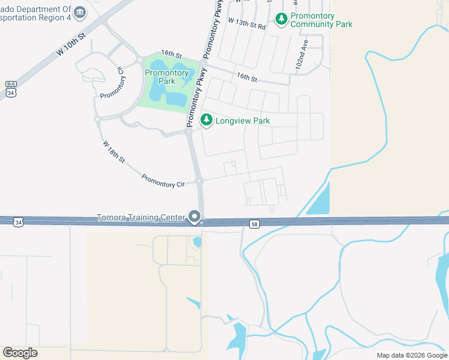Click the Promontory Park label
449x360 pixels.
coord(167,77)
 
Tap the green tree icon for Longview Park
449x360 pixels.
coord(206,121)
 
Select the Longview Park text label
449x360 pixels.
coord(243,121)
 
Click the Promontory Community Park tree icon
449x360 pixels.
coord(282,20)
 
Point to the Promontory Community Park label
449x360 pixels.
coord(321,20)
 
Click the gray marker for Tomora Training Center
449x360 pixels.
coord(194,217)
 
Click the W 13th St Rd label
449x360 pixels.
coord(246,22)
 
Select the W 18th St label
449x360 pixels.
coord(113,152)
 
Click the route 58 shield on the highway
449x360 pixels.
coord(255,224)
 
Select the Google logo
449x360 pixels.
coord(20,352)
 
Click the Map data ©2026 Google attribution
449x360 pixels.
coord(412,355)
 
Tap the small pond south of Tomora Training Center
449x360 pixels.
coord(197,242)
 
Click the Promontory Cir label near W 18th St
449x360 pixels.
coord(163,181)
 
